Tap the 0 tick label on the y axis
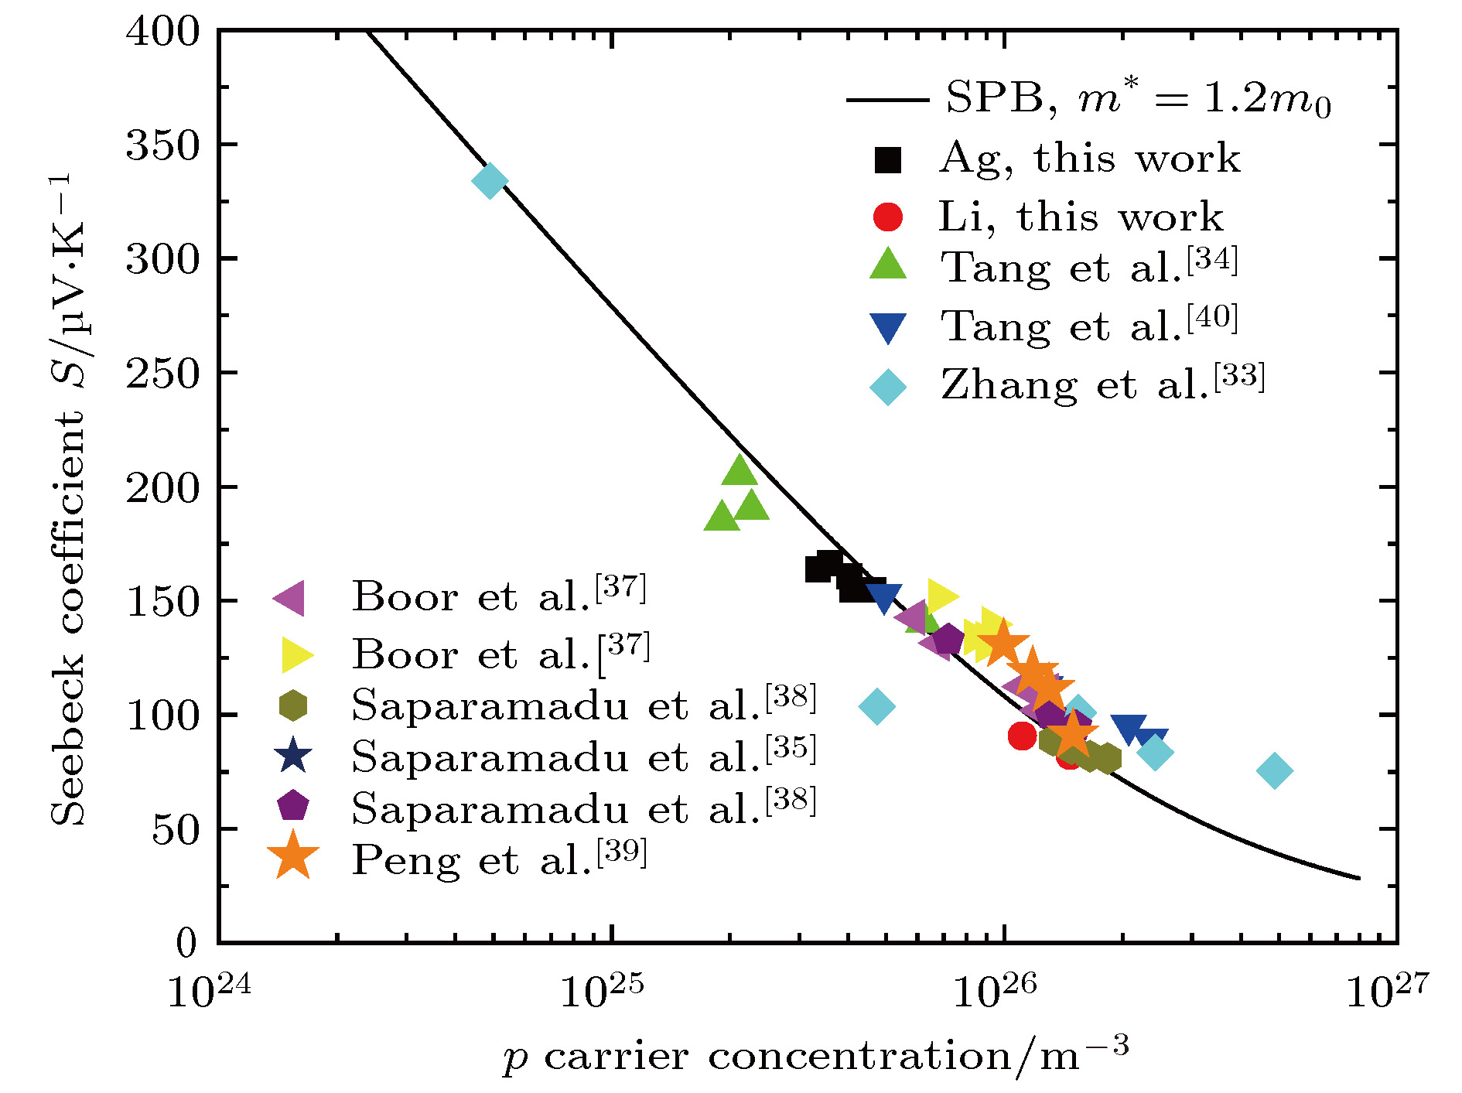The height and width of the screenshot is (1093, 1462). coord(187,943)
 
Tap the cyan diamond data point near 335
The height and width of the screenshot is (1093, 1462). coord(490,181)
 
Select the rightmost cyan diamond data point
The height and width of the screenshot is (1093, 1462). coord(1275,770)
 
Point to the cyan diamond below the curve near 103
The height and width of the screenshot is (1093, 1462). coord(876,706)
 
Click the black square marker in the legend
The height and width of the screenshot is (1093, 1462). coord(888,159)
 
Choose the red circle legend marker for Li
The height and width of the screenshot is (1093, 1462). coord(888,217)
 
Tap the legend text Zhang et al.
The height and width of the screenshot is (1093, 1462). coord(1102,384)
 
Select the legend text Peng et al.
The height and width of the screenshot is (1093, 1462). coord(499,859)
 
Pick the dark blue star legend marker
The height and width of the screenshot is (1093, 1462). coord(293,756)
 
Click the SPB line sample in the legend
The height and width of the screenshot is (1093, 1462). coord(887,100)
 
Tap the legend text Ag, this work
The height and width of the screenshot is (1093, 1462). coord(1089,159)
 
